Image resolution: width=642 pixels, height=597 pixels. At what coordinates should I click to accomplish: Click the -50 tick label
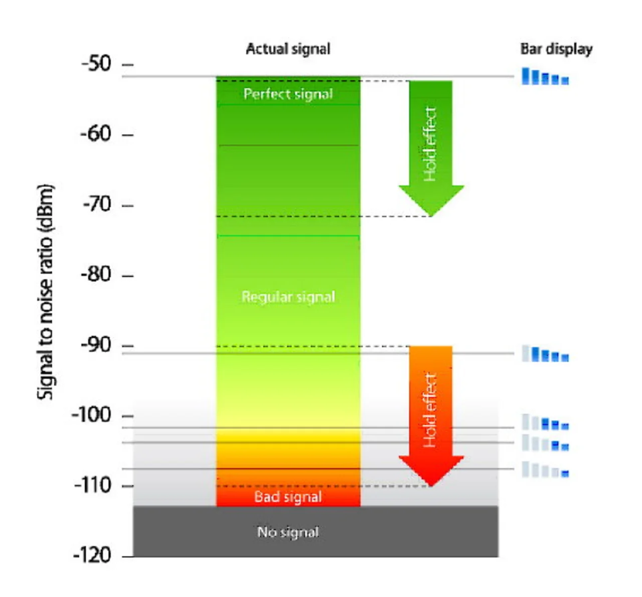coord(96,64)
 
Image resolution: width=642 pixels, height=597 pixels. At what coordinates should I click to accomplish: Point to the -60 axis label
coord(96,134)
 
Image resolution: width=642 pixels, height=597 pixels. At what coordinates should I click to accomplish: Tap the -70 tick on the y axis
coord(97,204)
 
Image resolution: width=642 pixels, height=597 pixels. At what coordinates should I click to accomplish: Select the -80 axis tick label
coord(96,274)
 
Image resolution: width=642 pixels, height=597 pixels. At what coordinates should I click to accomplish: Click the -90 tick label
coord(96,345)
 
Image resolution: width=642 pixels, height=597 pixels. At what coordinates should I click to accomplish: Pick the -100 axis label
coord(91,415)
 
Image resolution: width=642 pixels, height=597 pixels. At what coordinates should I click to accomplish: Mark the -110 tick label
coord(93,485)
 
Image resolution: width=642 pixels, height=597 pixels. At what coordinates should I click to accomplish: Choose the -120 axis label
coord(92,555)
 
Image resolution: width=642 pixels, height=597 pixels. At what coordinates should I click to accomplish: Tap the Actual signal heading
coord(288,49)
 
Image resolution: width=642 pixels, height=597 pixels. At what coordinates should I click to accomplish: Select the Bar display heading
coord(556,49)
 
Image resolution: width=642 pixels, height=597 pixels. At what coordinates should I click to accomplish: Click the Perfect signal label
coord(288,94)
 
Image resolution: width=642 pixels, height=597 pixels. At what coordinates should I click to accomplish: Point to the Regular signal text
coord(288,296)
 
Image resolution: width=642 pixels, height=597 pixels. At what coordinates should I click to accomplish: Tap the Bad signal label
coord(288,497)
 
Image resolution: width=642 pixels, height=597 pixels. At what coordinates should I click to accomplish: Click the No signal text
coord(288,532)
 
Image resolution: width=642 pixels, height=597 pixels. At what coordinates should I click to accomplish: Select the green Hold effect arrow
coord(431,145)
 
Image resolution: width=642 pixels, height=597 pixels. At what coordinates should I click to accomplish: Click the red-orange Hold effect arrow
coord(431,411)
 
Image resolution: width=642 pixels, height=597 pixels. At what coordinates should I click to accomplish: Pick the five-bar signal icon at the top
coord(545,77)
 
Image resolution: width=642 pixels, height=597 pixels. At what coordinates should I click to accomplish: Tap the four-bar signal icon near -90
coord(545,354)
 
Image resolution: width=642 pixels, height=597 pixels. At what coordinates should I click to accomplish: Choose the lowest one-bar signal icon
coord(545,470)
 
